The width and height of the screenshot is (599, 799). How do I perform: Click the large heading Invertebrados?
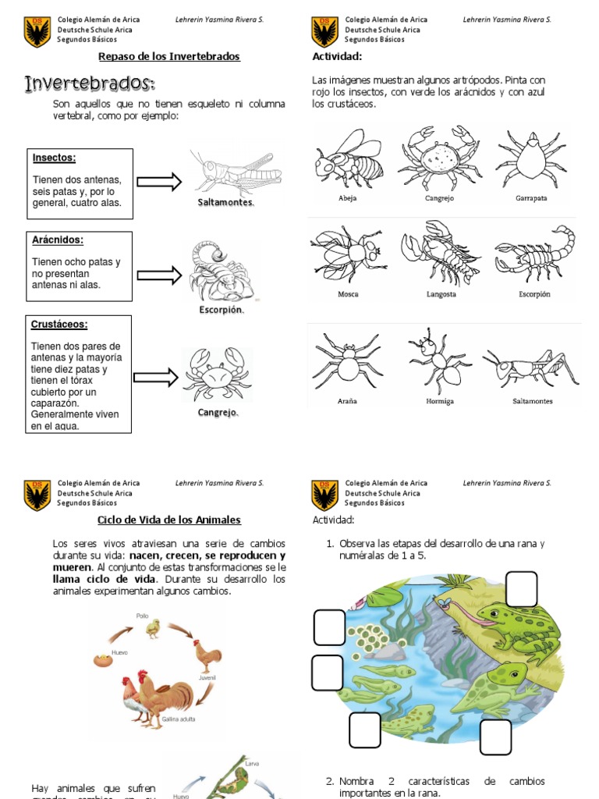click(90, 83)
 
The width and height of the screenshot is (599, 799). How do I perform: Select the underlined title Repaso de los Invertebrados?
click(169, 56)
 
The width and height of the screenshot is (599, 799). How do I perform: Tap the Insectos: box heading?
click(54, 158)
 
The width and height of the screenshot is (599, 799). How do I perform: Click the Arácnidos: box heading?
click(58, 240)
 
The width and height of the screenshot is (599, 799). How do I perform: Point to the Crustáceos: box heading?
click(60, 324)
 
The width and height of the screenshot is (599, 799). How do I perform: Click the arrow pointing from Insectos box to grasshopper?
click(159, 182)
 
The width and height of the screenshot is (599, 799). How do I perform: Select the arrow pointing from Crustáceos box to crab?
click(156, 378)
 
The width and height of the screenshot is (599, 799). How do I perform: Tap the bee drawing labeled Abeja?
click(347, 160)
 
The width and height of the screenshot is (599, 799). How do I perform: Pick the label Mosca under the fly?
click(348, 294)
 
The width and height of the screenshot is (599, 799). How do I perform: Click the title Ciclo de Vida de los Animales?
click(169, 520)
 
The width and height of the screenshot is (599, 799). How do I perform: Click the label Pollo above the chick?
click(142, 616)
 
